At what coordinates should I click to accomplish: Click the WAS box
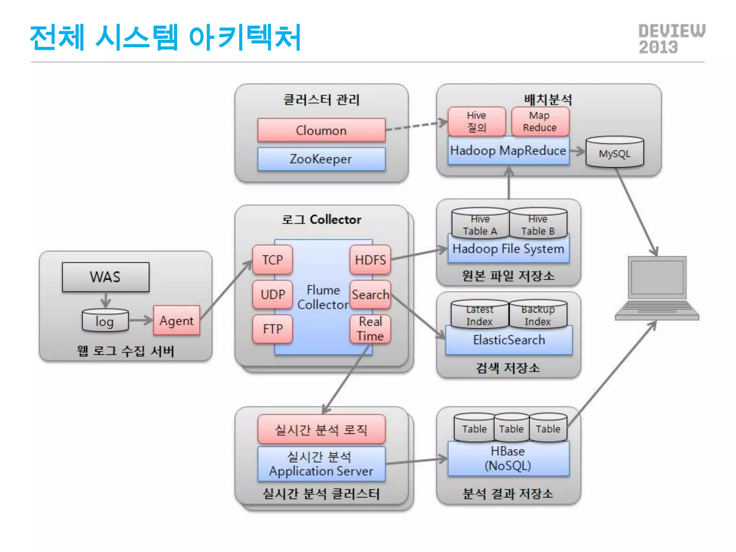pos(105,277)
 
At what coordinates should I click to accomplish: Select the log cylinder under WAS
pos(105,321)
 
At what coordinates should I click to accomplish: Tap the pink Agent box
pos(176,320)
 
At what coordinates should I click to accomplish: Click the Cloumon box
pos(321,130)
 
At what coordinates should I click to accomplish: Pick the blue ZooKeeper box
pos(321,159)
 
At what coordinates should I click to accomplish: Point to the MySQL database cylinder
pos(615,152)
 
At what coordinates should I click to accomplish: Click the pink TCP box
pos(272,259)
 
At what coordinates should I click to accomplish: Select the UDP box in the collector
pos(272,294)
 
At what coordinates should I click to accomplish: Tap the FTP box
pos(272,329)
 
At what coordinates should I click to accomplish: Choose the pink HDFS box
pos(370,259)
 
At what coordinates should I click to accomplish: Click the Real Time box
pos(370,329)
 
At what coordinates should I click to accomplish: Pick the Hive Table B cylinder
pos(538,224)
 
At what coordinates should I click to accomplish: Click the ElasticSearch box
pos(509,340)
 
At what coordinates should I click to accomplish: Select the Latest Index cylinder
pos(480,315)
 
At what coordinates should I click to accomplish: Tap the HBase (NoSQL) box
pos(508,459)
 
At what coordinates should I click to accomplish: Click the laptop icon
pos(657,287)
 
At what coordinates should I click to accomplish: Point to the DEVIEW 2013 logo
pos(671,39)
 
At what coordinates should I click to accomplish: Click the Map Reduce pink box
pos(540,121)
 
